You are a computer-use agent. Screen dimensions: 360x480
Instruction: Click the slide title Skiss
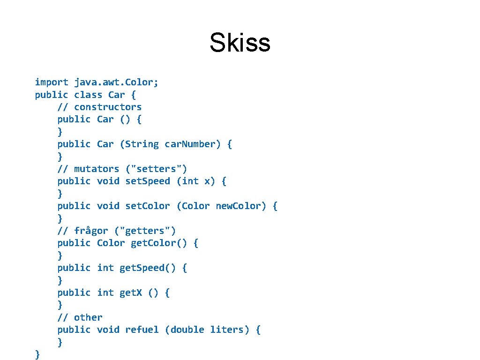click(x=240, y=43)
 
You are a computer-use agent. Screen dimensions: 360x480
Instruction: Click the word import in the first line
click(x=52, y=82)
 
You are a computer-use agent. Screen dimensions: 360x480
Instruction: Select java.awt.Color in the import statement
click(x=116, y=82)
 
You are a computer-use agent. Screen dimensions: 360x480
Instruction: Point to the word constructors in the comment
click(x=108, y=107)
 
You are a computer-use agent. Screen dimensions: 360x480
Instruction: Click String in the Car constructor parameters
click(x=142, y=144)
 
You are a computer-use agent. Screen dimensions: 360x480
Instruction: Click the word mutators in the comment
click(x=97, y=169)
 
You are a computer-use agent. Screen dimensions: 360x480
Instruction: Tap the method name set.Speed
click(x=148, y=181)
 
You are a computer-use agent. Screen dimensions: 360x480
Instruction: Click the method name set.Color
click(x=148, y=206)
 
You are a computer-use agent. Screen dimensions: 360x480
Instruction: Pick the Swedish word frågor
click(x=91, y=231)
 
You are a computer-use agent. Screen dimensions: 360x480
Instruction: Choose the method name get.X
click(x=131, y=293)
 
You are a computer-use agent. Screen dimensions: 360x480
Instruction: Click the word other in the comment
click(x=88, y=317)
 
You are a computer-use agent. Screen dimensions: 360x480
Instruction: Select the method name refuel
click(x=142, y=330)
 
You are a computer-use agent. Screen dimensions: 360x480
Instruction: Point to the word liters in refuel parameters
click(x=226, y=330)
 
